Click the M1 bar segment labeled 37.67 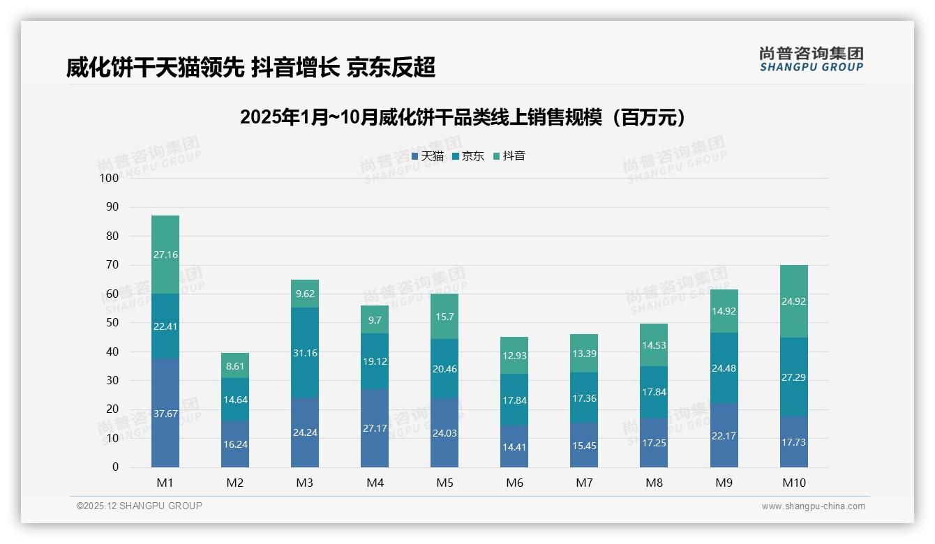coord(165,413)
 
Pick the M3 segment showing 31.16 coord(305,352)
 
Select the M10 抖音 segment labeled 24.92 coord(793,301)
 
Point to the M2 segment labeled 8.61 coord(235,365)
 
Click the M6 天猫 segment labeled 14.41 coord(514,446)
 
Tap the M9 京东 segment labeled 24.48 coord(724,368)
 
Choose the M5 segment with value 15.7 coord(444,316)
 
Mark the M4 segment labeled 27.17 coord(375,428)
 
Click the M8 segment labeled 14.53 coord(654,345)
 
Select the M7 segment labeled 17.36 coord(584,397)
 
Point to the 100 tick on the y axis coord(110,179)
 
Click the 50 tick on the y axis coord(112,323)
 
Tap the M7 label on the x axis coord(584,483)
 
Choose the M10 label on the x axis coord(793,483)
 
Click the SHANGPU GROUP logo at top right coord(811,59)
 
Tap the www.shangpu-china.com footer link coord(813,506)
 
